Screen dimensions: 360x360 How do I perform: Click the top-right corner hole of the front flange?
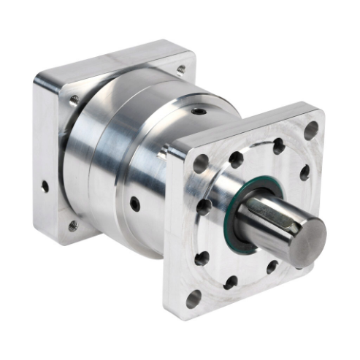pyautogui.click(x=311, y=131)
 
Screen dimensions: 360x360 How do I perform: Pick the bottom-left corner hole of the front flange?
pyautogui.click(x=194, y=299)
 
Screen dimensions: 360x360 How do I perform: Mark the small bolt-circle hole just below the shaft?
pyautogui.click(x=272, y=267)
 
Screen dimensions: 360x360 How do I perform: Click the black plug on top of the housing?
pyautogui.click(x=199, y=110)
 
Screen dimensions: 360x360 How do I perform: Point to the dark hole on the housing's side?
pyautogui.click(x=134, y=204)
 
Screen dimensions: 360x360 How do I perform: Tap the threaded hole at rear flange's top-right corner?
pyautogui.click(x=180, y=70)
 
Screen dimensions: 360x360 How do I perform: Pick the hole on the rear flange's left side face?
pyautogui.click(x=45, y=187)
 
